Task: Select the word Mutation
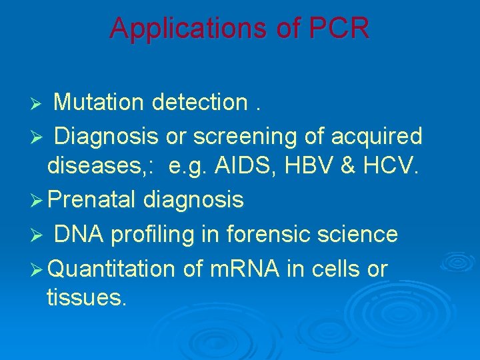[99, 103]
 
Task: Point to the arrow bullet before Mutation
[39, 104]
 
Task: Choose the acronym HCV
[391, 167]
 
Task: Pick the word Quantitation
[111, 269]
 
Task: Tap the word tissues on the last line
[86, 297]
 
